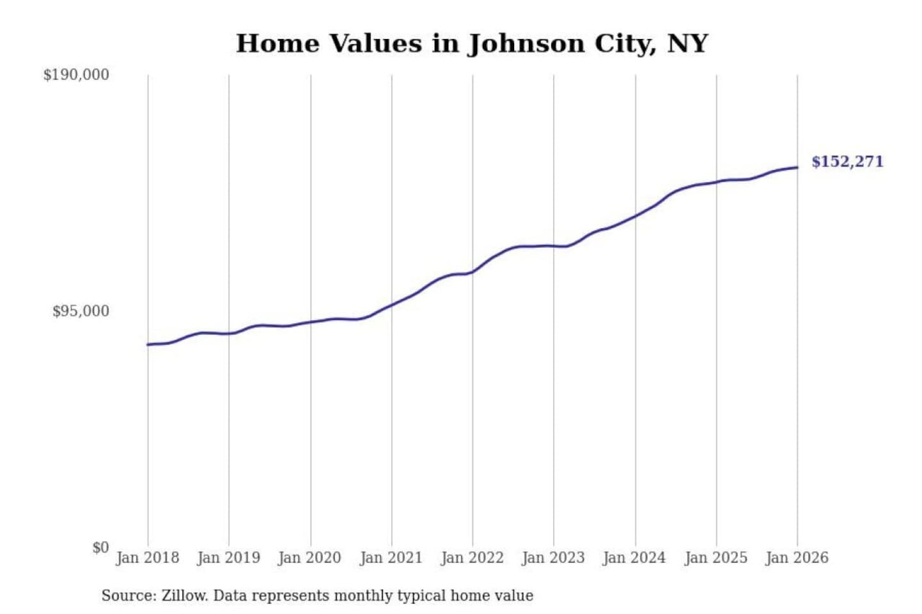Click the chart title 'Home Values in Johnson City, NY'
coord(472,43)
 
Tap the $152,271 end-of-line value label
coord(847,162)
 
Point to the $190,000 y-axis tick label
coord(76,75)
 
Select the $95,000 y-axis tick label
coord(81,311)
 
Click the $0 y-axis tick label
coord(101,547)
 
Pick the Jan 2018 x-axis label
coord(147,558)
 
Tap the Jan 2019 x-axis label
coord(229,558)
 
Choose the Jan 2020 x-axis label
coord(310,558)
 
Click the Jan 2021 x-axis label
coord(391,558)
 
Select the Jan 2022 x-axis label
coord(473,558)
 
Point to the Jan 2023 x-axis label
coord(553,558)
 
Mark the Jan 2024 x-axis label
coord(635,558)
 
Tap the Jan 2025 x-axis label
coord(716,558)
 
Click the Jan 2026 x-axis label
coord(797,558)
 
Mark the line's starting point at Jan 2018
coord(148,345)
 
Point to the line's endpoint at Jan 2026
coord(797,168)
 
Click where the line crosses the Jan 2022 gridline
coord(473,272)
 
